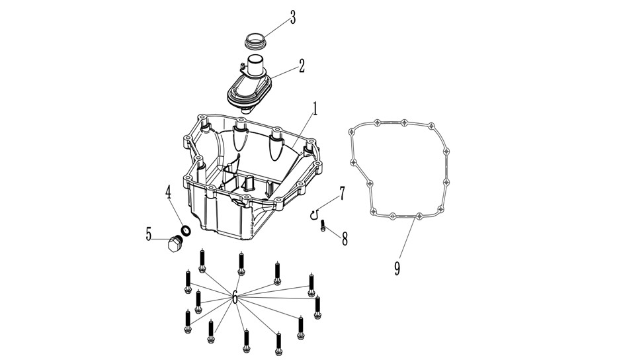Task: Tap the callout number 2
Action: pos(302,66)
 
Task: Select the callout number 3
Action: pos(292,17)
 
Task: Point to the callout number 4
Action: pos(168,192)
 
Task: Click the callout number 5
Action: pos(148,234)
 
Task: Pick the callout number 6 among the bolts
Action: pos(235,296)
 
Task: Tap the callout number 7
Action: pos(342,193)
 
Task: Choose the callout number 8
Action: pos(345,239)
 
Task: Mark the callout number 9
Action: pos(397,268)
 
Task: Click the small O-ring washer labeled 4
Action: pos(186,230)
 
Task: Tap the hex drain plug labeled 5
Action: pos(174,244)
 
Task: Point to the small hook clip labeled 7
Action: pos(313,215)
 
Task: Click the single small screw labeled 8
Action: pos(323,226)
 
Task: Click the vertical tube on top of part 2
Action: pos(255,66)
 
